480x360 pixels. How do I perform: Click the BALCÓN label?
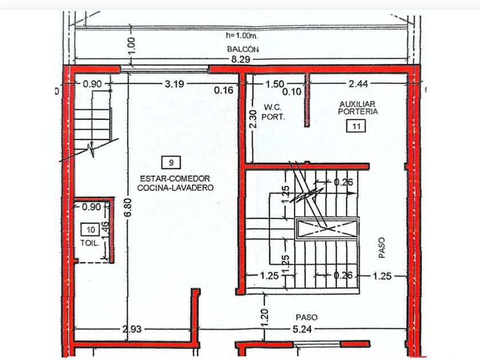(x=243, y=49)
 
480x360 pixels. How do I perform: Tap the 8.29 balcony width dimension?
(x=241, y=59)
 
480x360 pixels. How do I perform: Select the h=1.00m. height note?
(x=242, y=35)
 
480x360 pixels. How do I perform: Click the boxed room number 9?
(x=171, y=162)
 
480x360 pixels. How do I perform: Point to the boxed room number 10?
(x=90, y=230)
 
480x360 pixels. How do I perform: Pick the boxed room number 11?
(x=356, y=126)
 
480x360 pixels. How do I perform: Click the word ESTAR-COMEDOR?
(x=175, y=178)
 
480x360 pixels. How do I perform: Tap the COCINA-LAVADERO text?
(x=175, y=187)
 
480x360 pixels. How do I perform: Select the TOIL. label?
(x=90, y=243)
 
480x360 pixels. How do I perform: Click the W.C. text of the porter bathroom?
(x=273, y=107)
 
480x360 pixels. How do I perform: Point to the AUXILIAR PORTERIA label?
(x=358, y=108)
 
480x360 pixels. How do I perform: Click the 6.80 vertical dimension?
(x=128, y=207)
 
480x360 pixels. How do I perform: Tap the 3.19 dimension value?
(x=174, y=83)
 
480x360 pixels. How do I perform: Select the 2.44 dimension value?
(x=358, y=83)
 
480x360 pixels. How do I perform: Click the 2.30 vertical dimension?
(x=253, y=119)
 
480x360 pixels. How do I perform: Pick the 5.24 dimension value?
(x=302, y=329)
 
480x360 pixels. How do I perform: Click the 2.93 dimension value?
(x=132, y=329)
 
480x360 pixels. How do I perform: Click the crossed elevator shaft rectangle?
(x=327, y=229)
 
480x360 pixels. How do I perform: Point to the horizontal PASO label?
(x=306, y=317)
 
